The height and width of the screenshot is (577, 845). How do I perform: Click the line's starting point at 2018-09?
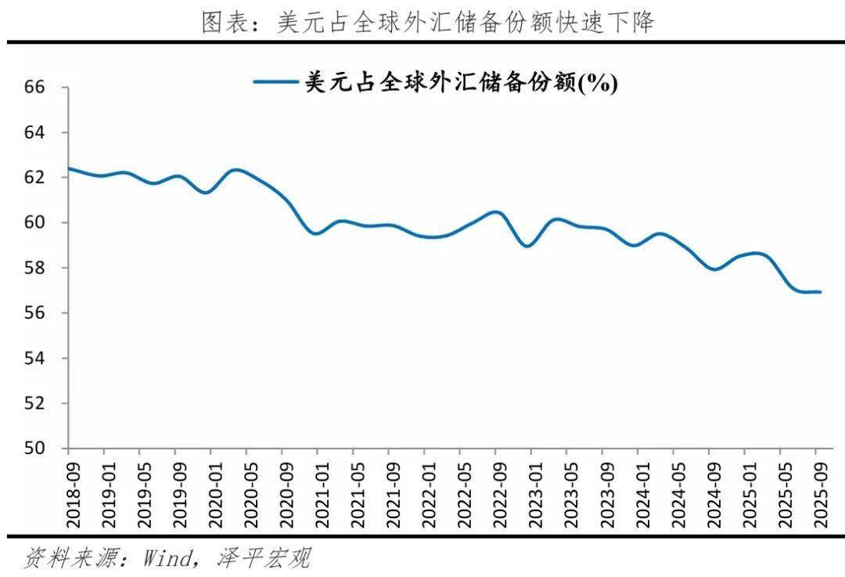coord(69,168)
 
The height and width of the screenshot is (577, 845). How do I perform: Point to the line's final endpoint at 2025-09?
coord(819,292)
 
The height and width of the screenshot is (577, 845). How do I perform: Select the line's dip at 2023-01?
coord(528,246)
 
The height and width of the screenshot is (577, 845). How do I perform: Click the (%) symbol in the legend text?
coord(598,83)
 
